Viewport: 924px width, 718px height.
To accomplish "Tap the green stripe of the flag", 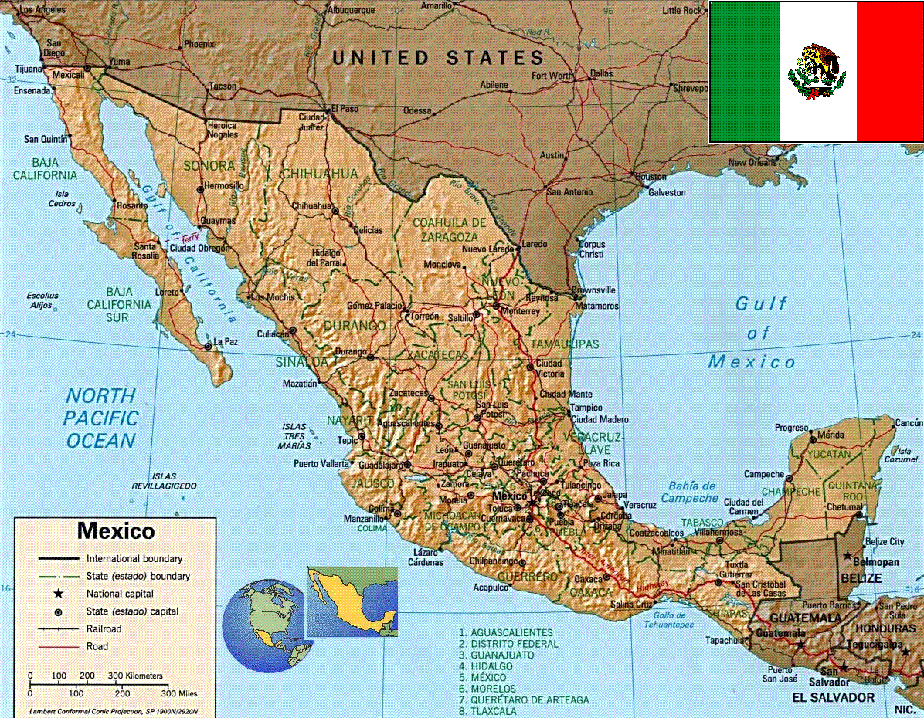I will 744,72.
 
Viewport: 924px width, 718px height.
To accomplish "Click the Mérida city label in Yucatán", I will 831,435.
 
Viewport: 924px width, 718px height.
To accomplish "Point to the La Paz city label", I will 226,341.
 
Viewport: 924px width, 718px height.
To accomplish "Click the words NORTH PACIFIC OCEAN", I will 101,418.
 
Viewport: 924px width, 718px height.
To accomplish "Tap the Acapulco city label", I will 491,588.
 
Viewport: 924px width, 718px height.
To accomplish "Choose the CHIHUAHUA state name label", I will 319,174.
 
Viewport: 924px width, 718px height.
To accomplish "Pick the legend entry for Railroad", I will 104,628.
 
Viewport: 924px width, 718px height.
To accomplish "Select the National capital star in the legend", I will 58,594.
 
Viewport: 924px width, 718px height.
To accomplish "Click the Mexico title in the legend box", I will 116,531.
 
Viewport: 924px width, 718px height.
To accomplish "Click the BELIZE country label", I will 861,577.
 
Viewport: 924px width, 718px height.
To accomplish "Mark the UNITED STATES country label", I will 438,58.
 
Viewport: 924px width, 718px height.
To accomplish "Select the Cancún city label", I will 909,423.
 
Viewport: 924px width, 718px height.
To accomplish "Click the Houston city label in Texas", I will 650,177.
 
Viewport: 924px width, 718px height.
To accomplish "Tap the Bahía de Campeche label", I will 690,492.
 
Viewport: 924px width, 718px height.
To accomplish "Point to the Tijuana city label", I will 28,69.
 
